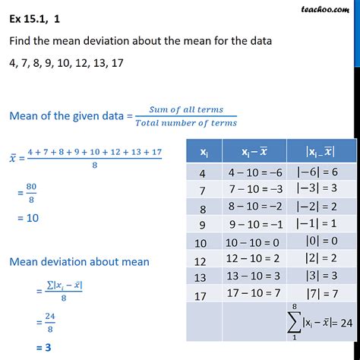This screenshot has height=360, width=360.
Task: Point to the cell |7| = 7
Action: (x=321, y=294)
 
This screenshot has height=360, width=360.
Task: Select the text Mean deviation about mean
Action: (x=79, y=262)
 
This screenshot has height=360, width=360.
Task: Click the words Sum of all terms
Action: (x=187, y=111)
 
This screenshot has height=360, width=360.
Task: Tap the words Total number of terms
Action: (x=187, y=123)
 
